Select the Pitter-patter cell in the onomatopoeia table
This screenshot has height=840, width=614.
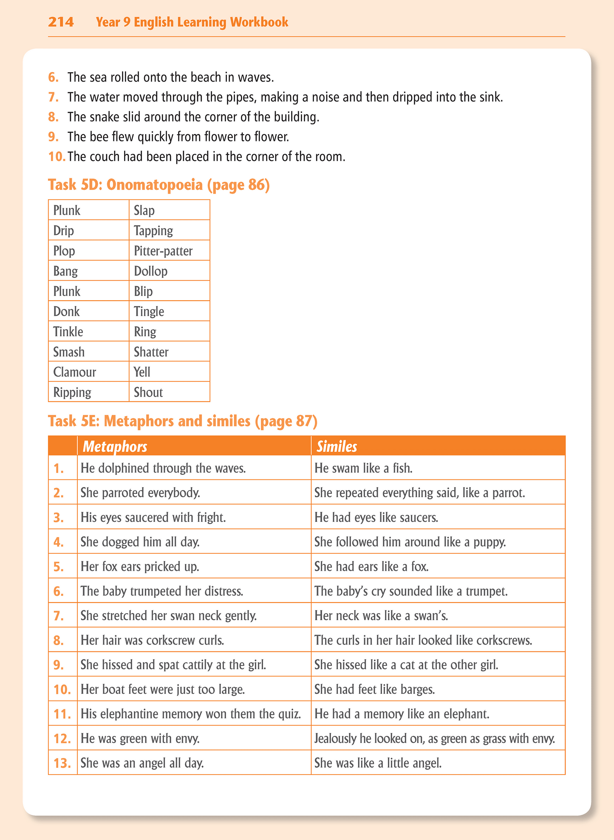coord(163,251)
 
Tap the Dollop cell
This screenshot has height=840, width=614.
coord(151,271)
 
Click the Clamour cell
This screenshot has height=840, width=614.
coord(75,372)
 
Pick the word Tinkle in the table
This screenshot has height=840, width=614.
coord(68,332)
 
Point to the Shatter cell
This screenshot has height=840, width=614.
coord(151,352)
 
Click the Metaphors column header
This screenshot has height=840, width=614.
coord(115,446)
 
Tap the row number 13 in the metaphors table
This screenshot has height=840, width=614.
coord(62,763)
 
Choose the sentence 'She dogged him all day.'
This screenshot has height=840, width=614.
coord(140,542)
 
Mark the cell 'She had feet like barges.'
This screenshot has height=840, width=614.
coord(375,689)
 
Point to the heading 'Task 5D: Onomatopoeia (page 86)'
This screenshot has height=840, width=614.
coord(159,185)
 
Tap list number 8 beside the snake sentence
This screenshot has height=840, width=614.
coord(53,117)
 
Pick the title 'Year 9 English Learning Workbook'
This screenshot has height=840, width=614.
coord(192,22)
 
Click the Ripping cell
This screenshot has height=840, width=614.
coord(72,392)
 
